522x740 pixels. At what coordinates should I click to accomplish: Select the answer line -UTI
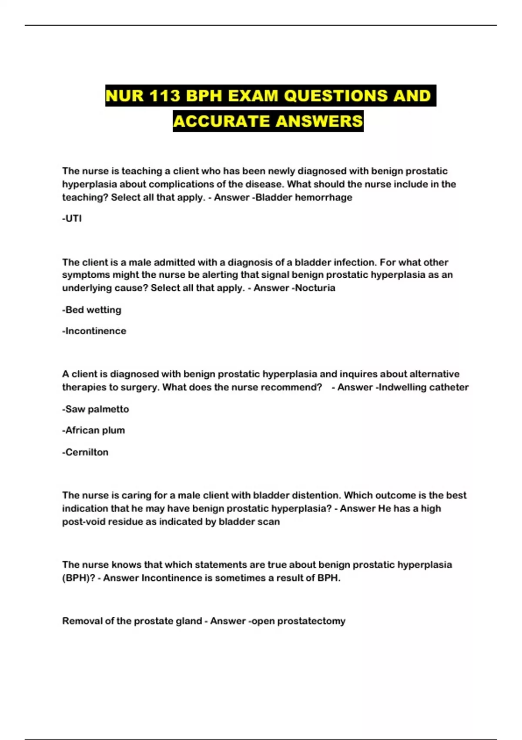coord(72,219)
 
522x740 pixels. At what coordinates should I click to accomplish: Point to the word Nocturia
coord(315,288)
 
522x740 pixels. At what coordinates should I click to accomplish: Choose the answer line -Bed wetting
coord(92,310)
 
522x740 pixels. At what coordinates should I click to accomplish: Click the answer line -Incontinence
coord(94,331)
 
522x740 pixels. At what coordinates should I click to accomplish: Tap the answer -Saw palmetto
coord(96,409)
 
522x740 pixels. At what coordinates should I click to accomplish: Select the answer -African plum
coord(94,431)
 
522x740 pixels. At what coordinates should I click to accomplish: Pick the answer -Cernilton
coord(85,452)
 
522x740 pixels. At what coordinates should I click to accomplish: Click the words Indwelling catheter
coord(424,387)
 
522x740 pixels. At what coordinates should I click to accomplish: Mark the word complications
coord(182,184)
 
